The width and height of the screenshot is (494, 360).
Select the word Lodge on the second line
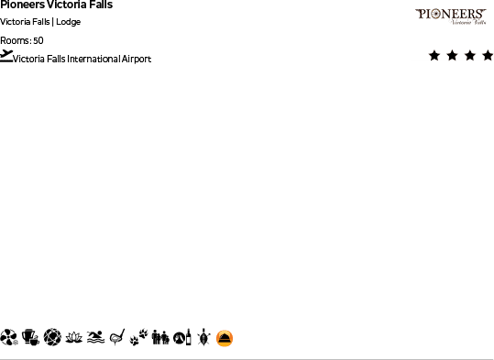click(69, 22)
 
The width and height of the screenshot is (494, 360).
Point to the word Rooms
click(15, 40)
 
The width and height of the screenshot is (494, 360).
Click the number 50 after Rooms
click(38, 40)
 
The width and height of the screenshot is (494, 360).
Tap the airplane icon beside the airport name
click(6, 56)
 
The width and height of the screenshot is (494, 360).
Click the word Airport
click(136, 60)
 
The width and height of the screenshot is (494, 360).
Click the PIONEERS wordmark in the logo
click(450, 14)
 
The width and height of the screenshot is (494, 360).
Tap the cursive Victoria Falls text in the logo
click(467, 23)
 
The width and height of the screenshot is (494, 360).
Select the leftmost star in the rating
click(434, 56)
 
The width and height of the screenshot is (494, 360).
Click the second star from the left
click(453, 56)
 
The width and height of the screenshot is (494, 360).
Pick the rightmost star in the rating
click(488, 56)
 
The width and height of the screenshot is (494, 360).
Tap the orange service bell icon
click(225, 338)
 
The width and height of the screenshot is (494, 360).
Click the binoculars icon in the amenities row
click(161, 338)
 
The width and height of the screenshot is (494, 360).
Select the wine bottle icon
click(189, 338)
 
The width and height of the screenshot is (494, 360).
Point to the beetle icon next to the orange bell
click(204, 338)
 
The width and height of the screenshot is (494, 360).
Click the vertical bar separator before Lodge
click(53, 22)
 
